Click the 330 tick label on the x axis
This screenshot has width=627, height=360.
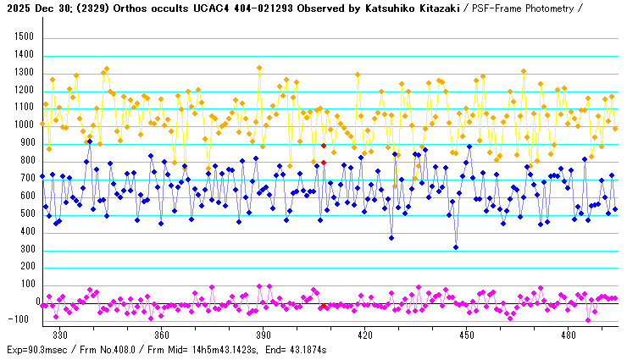click(60, 335)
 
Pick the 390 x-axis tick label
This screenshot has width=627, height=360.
click(264, 335)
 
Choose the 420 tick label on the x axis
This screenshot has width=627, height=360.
click(365, 335)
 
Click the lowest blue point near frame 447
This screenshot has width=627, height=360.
click(456, 247)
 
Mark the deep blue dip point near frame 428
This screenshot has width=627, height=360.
click(391, 238)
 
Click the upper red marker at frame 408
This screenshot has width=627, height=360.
click(324, 146)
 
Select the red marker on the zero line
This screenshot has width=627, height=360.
click(324, 305)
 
